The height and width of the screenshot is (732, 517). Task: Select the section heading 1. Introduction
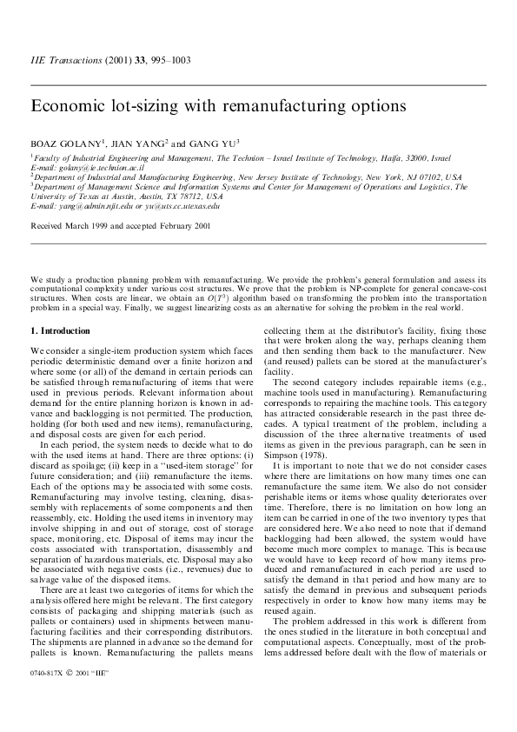click(x=60, y=331)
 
